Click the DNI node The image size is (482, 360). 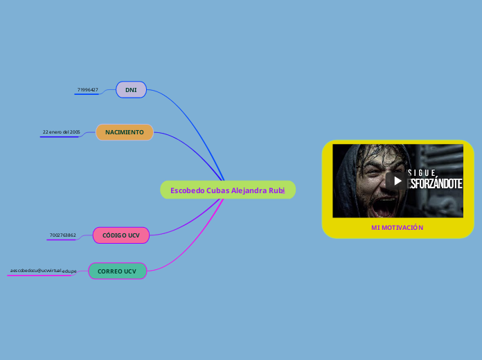[x=131, y=90]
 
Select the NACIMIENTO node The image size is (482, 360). [x=125, y=132]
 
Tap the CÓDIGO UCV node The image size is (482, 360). [x=121, y=235]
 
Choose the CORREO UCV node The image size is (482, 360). [x=117, y=271]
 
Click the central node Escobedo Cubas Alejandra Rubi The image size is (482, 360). [x=228, y=190]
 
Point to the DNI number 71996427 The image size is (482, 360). [x=87, y=90]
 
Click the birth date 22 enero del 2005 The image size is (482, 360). [x=61, y=132]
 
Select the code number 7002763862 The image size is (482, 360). [x=63, y=235]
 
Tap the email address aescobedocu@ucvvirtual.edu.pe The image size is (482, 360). [x=43, y=271]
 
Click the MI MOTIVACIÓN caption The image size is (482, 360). [x=397, y=227]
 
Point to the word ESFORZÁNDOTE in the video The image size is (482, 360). [x=436, y=183]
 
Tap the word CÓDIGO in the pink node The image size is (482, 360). [x=114, y=235]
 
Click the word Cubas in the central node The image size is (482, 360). [x=217, y=190]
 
